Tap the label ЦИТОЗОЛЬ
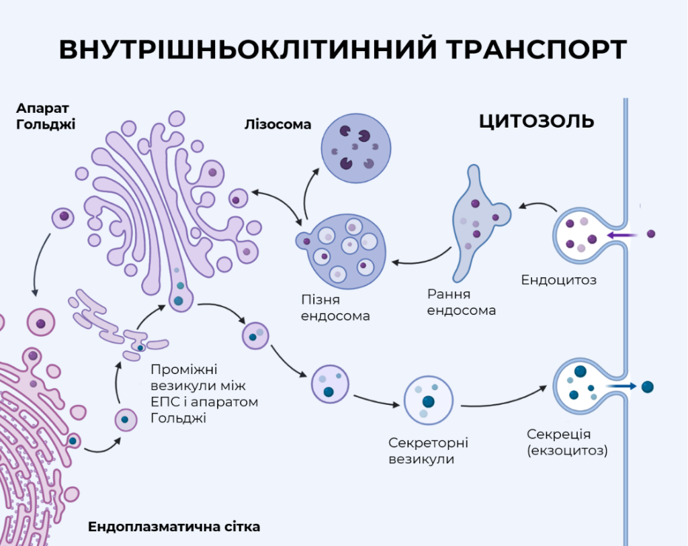click(x=536, y=121)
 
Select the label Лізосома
click(x=277, y=124)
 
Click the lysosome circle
click(x=356, y=148)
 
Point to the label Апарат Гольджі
click(x=46, y=116)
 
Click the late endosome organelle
click(x=342, y=251)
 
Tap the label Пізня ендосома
click(x=335, y=308)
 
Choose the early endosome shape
click(x=478, y=224)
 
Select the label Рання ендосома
click(x=461, y=302)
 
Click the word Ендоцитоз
click(x=558, y=280)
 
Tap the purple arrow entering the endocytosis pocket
click(x=622, y=236)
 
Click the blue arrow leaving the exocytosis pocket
click(x=620, y=386)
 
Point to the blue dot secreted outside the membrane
click(x=648, y=387)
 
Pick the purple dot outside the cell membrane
click(x=651, y=234)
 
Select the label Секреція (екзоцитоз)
click(x=567, y=442)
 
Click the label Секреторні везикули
click(x=428, y=451)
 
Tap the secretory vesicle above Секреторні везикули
click(x=428, y=400)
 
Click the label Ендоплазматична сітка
click(x=174, y=527)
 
